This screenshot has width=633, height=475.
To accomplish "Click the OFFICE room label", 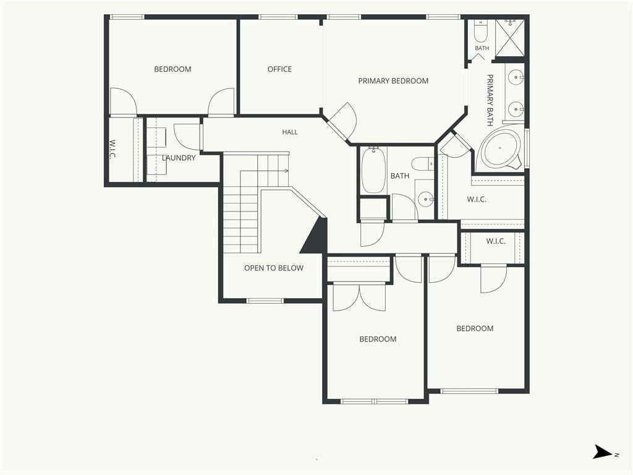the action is tap(279, 69).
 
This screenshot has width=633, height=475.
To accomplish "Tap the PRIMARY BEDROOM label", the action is tap(393, 81).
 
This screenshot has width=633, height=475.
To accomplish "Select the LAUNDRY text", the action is tap(179, 158).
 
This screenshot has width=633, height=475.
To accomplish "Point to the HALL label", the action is tap(290, 132).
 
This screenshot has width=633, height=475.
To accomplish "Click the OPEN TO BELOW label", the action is tap(274, 268).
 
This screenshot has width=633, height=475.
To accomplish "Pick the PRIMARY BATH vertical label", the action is tap(490, 100).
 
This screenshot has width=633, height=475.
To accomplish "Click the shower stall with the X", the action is tap(510, 38).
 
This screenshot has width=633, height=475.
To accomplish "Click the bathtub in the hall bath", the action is tap(373, 170).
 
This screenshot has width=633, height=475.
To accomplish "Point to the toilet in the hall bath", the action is tap(422, 163).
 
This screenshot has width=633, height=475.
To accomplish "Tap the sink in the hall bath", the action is tap(425, 199).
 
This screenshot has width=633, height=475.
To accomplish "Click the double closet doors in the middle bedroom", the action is tap(359, 297).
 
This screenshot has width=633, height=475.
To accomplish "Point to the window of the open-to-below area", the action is tap(265, 301).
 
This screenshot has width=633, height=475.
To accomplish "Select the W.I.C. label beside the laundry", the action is tap(113, 150).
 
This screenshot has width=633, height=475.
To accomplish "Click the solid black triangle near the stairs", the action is tap(315, 237).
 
